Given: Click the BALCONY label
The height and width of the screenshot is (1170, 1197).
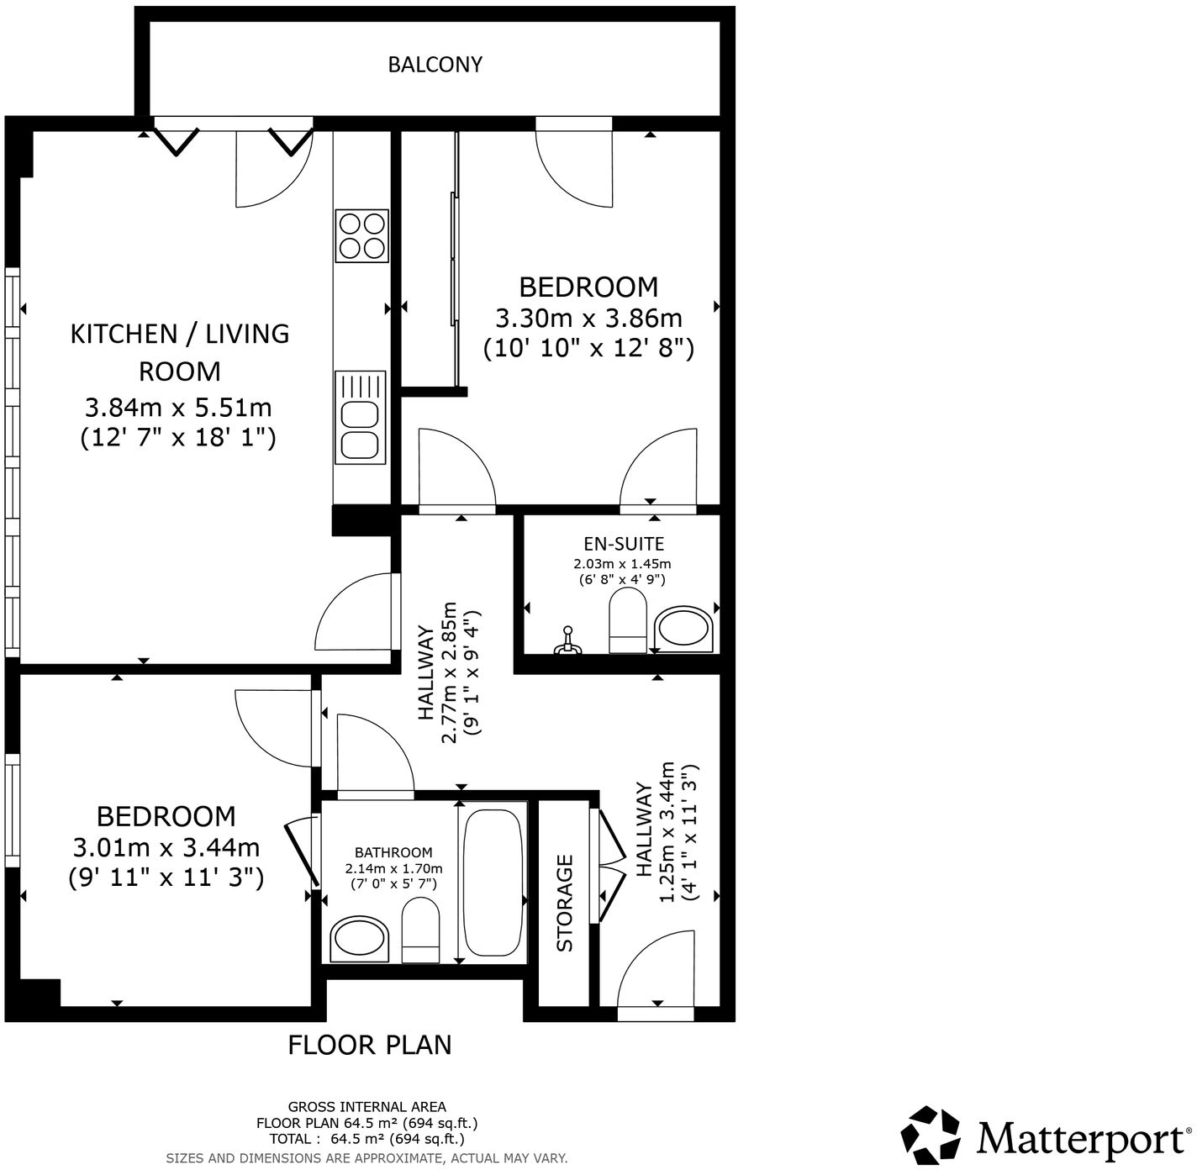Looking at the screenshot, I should coord(435,65).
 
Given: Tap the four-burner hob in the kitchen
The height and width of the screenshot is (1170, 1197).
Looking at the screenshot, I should coord(362,235).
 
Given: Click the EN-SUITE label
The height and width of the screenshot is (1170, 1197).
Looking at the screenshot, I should coord(624,544).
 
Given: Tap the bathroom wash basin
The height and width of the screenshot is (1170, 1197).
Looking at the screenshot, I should coord(360,939).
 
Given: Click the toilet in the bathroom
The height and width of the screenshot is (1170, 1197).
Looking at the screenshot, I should coord(420,930).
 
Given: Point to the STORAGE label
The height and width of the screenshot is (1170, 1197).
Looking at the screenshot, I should coord(565,903).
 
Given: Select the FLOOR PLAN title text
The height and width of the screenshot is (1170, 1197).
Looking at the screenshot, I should coord(370,1045).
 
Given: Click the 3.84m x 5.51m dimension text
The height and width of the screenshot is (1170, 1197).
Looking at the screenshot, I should coord(178,408).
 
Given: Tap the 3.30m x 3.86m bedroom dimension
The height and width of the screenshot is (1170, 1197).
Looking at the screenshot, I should coord(588,319).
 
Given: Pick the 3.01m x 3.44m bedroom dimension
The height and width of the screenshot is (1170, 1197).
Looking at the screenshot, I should coord(166,847).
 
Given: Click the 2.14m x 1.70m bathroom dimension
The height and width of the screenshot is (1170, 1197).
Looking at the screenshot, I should coord(393,868).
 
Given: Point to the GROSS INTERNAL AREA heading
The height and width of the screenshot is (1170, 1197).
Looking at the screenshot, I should coord(367,1107).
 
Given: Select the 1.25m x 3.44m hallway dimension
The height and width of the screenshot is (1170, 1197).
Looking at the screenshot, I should coord(667,832).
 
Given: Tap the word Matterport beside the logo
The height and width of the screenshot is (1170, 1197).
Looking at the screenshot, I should coord(1079,1139).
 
